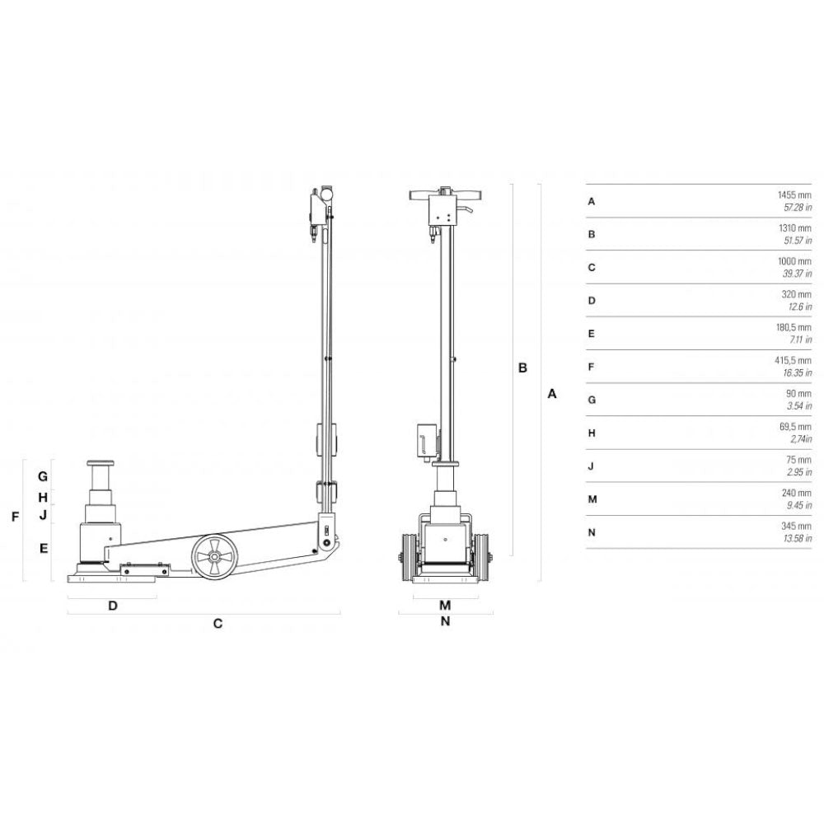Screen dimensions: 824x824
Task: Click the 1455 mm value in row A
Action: [x=794, y=195]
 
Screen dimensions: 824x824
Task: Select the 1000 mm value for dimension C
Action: [x=794, y=261]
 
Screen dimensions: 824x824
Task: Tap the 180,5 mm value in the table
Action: [x=794, y=327]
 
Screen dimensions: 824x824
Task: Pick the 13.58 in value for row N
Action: [x=798, y=538]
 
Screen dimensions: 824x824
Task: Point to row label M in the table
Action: [x=592, y=499]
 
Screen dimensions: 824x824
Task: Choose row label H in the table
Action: [x=592, y=433]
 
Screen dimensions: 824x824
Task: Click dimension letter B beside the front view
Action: [x=522, y=368]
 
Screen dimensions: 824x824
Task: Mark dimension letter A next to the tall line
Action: [x=552, y=394]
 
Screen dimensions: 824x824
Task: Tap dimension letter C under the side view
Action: [x=218, y=623]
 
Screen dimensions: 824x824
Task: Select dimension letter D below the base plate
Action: [x=112, y=606]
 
